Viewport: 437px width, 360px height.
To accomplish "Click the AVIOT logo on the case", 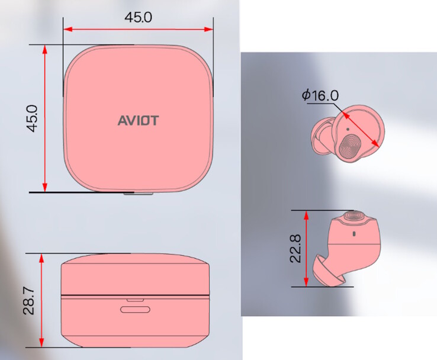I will pos(137,120).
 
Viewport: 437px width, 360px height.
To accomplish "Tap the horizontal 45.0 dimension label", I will pos(138,17).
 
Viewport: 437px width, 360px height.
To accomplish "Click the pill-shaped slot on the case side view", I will pos(136,309).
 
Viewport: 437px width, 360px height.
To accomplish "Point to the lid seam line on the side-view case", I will pos(136,294).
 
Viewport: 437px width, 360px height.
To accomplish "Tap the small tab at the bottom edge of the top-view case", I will pos(137,192).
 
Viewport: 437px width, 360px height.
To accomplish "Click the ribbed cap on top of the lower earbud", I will pos(355,215).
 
